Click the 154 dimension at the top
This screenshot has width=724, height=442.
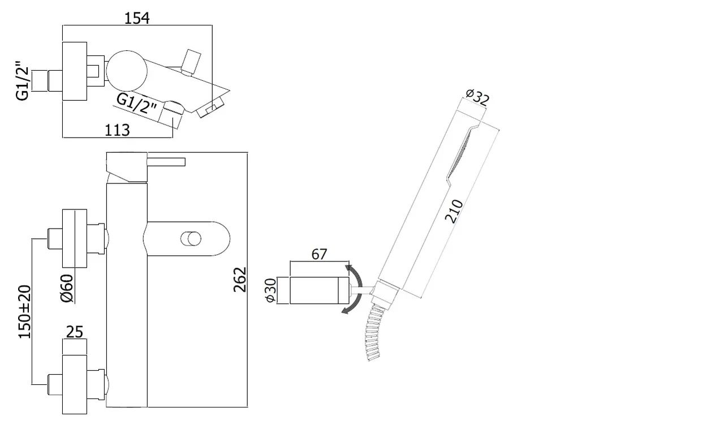(x=137, y=18)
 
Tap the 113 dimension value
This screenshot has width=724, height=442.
(x=117, y=130)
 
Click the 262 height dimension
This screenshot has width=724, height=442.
(x=240, y=280)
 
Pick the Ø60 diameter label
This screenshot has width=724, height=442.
(x=67, y=288)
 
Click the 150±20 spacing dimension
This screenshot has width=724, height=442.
(x=24, y=312)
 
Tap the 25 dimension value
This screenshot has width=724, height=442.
(x=75, y=332)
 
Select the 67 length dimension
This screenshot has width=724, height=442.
(x=320, y=255)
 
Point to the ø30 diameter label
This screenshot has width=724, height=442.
(x=270, y=290)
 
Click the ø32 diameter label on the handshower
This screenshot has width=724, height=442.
(x=477, y=97)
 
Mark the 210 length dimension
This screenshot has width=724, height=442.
(x=454, y=212)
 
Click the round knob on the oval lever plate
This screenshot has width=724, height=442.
(x=191, y=239)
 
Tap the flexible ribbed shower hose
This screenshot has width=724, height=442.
(x=374, y=333)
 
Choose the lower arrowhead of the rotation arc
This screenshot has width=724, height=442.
(x=346, y=311)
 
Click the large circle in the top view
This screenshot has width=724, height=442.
(x=127, y=71)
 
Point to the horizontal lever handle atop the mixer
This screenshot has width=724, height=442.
(x=166, y=162)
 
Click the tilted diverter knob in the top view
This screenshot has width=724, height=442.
(x=191, y=63)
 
